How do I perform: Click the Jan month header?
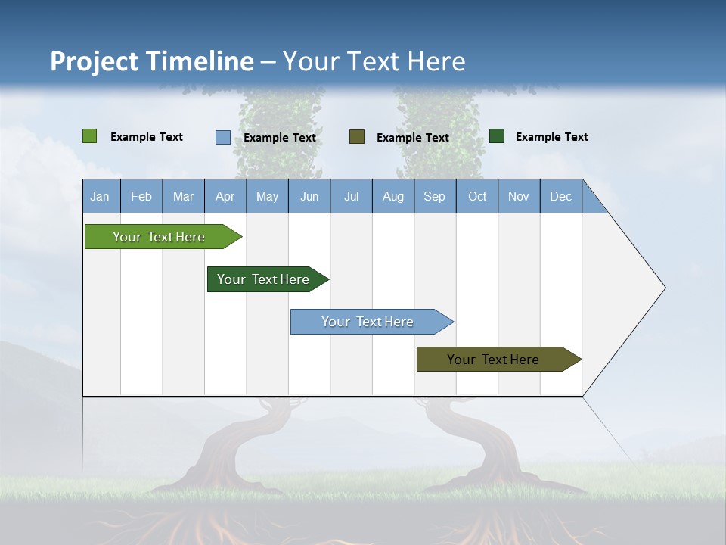[101, 196]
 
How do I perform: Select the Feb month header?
[141, 196]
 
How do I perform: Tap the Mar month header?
[183, 196]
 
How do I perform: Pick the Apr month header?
[225, 196]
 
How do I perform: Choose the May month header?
[267, 196]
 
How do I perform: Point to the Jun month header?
[309, 196]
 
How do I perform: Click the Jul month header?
[351, 196]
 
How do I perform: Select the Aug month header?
[393, 196]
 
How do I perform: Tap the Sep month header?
[435, 196]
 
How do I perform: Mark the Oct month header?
[477, 196]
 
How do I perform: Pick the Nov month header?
[519, 196]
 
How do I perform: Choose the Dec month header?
[561, 196]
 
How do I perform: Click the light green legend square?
[90, 136]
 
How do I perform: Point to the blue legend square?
[223, 137]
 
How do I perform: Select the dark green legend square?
[497, 136]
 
